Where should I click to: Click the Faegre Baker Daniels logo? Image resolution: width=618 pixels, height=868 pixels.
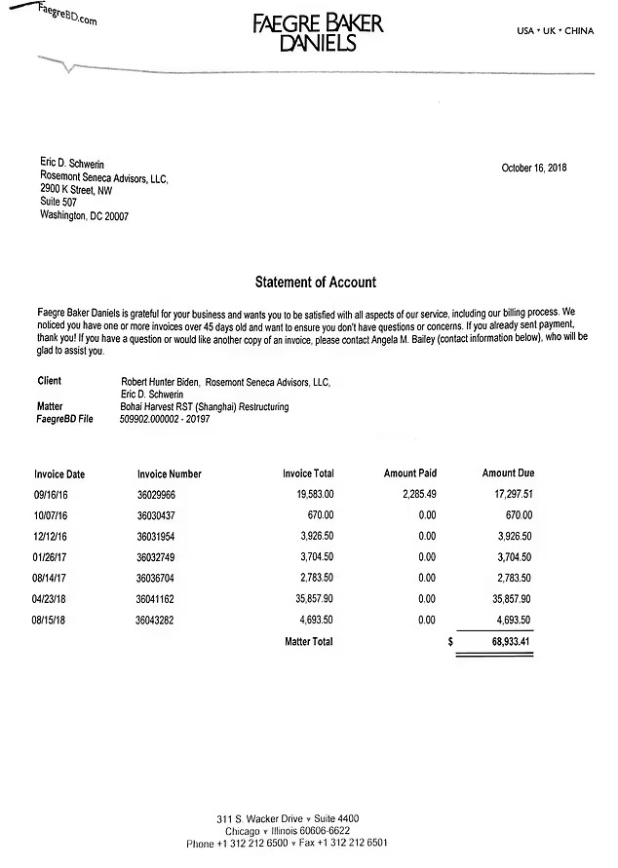point(318,32)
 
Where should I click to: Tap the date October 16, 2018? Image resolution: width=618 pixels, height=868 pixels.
point(533,168)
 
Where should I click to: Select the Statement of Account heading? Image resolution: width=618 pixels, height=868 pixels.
point(315,283)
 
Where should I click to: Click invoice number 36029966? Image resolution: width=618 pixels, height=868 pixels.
point(156,494)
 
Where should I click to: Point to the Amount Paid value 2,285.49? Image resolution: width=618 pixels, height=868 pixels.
point(413,494)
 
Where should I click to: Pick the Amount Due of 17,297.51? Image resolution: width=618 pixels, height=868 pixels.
point(507,494)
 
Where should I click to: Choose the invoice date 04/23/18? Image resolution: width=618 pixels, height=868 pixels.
point(53,598)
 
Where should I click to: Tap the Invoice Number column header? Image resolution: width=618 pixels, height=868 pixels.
point(169,473)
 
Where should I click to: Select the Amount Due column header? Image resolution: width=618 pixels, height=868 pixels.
point(508,473)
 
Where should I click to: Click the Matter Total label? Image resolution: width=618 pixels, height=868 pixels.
point(308,642)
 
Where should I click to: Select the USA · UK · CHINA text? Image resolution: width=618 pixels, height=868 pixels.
point(555,31)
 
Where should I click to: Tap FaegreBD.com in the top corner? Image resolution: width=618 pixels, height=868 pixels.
point(68,17)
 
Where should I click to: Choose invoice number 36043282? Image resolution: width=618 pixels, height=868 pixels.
point(156,620)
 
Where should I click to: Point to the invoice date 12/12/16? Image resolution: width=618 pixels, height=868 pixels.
point(53,536)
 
